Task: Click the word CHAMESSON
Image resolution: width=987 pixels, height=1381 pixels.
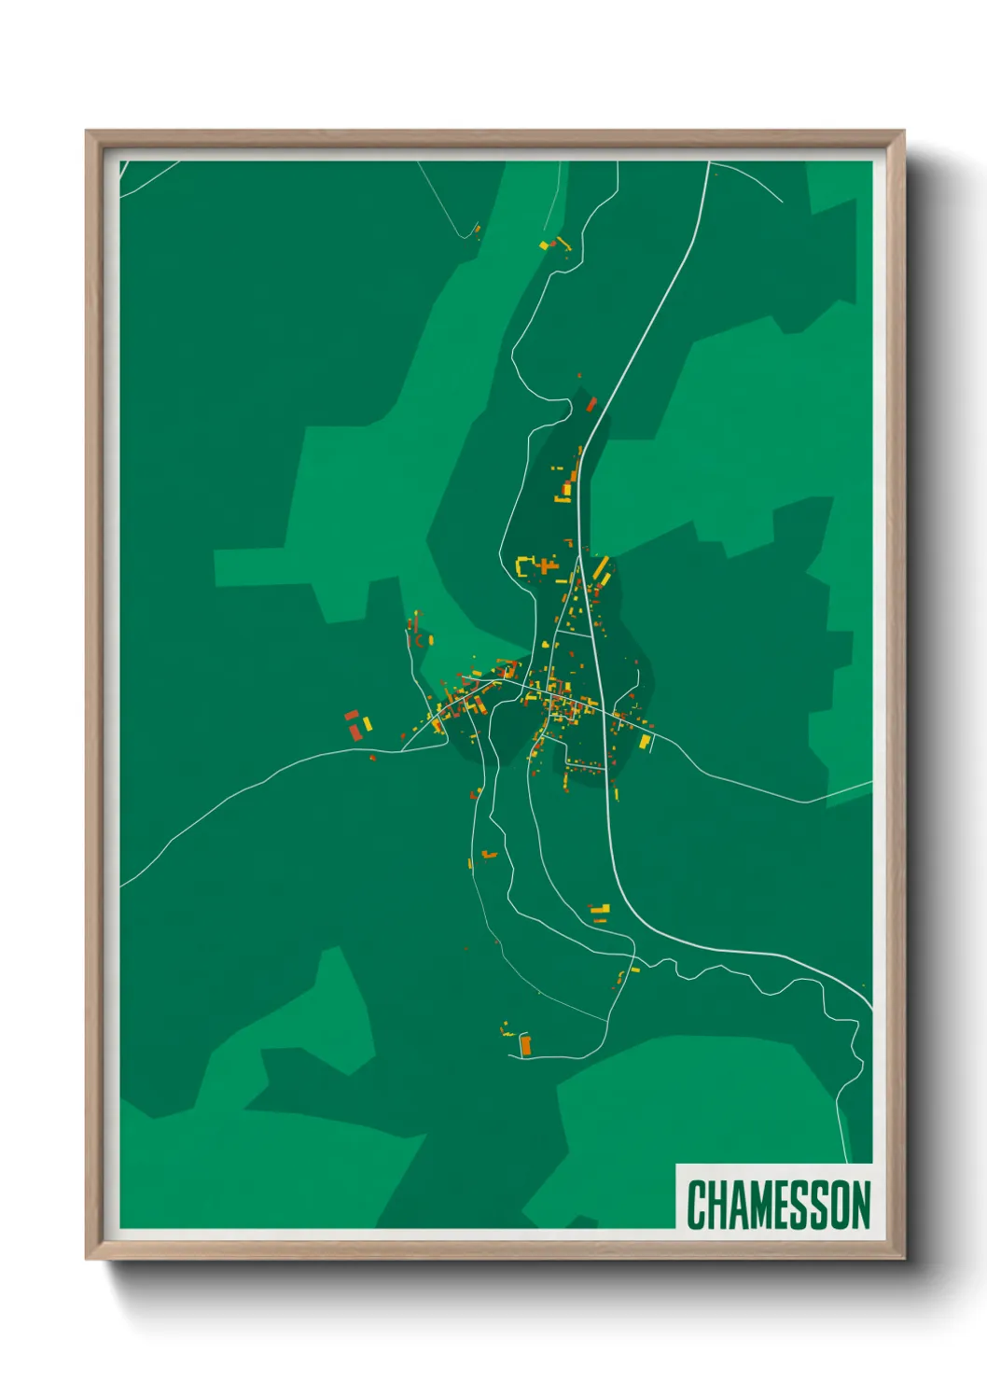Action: pyautogui.click(x=778, y=1205)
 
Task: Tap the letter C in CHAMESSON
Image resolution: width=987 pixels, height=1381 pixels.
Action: pyautogui.click(x=696, y=1205)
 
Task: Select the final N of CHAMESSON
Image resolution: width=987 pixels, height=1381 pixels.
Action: pyautogui.click(x=860, y=1205)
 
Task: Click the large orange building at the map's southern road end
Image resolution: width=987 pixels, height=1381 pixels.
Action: pyautogui.click(x=525, y=1046)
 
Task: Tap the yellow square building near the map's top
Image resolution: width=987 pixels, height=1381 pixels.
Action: pyautogui.click(x=545, y=245)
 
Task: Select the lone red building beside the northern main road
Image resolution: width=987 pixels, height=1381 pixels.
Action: pyautogui.click(x=591, y=403)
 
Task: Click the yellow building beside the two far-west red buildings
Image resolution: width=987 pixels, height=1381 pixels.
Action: pyautogui.click(x=367, y=723)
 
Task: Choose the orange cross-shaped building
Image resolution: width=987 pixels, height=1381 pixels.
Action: pyautogui.click(x=543, y=565)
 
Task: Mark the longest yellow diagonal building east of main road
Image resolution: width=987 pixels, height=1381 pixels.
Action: pyautogui.click(x=601, y=566)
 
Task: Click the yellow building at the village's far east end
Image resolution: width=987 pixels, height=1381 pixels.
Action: pyautogui.click(x=644, y=742)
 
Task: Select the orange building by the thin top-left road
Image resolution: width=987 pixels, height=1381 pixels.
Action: pyautogui.click(x=475, y=229)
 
